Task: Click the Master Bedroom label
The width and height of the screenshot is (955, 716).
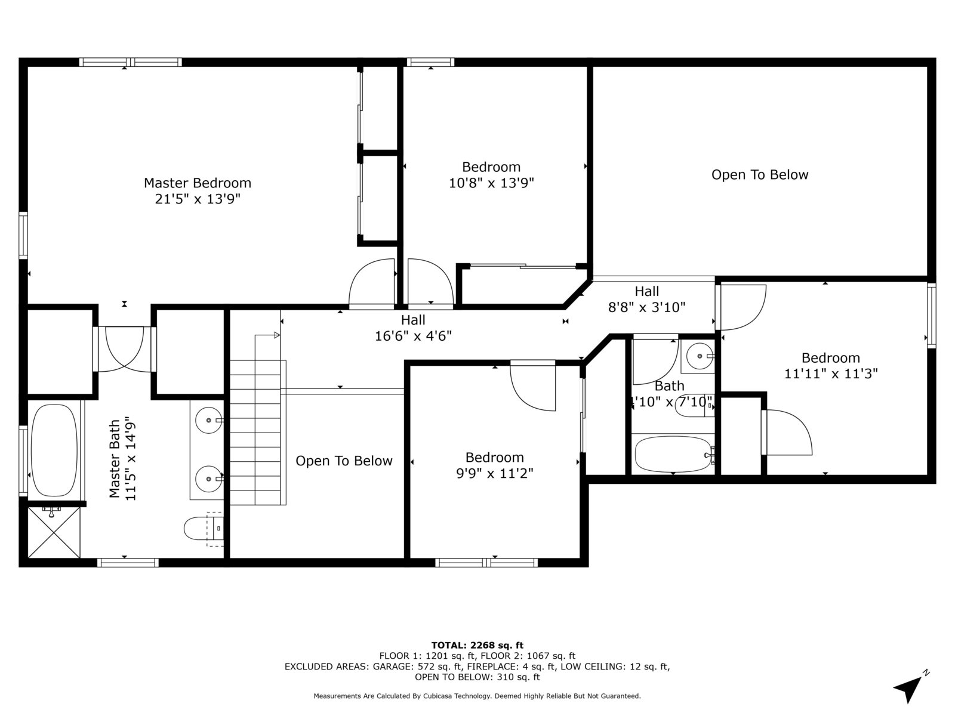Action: (x=198, y=183)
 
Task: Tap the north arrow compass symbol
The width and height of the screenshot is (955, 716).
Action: (x=909, y=687)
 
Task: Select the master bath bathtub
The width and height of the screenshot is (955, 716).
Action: (x=54, y=450)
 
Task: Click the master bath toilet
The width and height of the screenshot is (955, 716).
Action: (x=204, y=528)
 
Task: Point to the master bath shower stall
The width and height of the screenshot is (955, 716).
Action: (x=54, y=532)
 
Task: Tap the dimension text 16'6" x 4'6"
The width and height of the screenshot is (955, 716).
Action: (x=413, y=336)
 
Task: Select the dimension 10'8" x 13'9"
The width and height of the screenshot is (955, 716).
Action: (x=491, y=183)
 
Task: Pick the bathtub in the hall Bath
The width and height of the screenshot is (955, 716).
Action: (x=673, y=454)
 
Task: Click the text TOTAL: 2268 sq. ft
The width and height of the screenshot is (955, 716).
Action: (x=478, y=645)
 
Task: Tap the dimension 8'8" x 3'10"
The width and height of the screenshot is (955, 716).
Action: (x=646, y=307)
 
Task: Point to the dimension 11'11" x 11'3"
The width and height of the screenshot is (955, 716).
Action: (x=831, y=374)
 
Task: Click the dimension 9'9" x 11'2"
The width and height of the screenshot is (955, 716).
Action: (x=495, y=473)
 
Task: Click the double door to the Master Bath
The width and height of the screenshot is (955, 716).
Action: (x=124, y=349)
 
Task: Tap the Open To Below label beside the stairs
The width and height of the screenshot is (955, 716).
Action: (x=344, y=461)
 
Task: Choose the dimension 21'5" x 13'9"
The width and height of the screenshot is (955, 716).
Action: (x=198, y=199)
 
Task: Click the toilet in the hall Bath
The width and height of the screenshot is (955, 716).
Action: (x=695, y=408)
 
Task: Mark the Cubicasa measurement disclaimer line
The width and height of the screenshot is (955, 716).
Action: (x=478, y=696)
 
